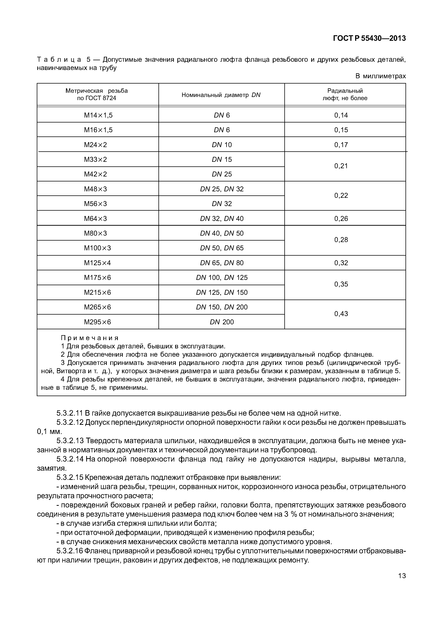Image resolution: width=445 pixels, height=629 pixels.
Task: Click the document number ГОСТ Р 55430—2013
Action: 369,39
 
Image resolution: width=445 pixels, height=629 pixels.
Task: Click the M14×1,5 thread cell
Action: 98,115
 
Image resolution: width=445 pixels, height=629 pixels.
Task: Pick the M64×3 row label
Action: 95,219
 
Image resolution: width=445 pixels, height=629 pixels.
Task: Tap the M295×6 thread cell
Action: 97,322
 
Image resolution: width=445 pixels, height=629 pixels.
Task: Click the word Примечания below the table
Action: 90,338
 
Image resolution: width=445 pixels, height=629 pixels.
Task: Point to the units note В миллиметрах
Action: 380,76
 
